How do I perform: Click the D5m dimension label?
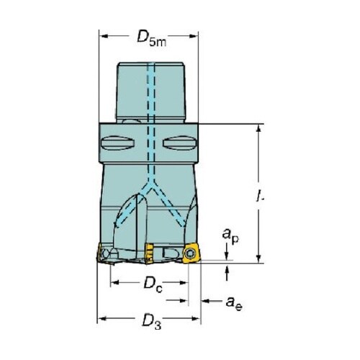pyautogui.click(x=152, y=38)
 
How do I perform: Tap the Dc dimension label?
pyautogui.click(x=153, y=284)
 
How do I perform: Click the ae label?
pyautogui.click(x=234, y=303)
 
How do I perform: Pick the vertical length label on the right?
pyautogui.click(x=259, y=195)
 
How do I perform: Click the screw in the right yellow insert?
pyautogui.click(x=190, y=253)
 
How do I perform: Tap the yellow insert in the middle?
pyautogui.click(x=149, y=253)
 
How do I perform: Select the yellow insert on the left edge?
pyautogui.click(x=99, y=253)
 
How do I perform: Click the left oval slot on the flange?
pyautogui.click(x=117, y=143)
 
